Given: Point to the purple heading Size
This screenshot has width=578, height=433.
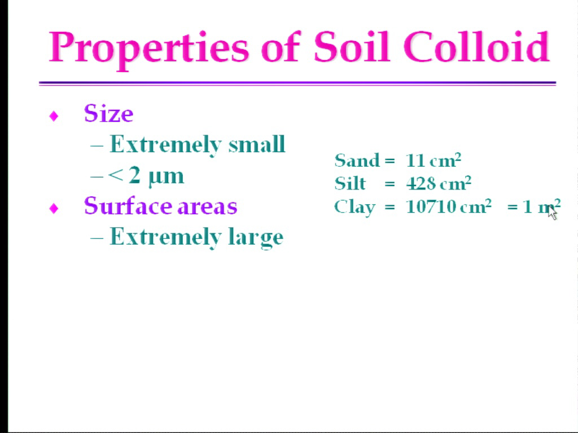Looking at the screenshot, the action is click(x=108, y=113).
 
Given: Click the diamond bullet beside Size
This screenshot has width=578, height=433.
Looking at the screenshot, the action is click(x=54, y=116).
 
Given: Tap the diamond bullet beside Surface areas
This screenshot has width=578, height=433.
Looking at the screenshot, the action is click(x=54, y=209).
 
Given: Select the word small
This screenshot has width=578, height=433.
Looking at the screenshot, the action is click(x=257, y=144).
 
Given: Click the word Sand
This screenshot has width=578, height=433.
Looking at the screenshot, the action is click(x=357, y=160).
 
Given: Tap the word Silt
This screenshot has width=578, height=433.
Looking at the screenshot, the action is click(x=350, y=183).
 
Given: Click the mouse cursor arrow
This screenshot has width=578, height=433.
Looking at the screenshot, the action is click(x=552, y=213).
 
